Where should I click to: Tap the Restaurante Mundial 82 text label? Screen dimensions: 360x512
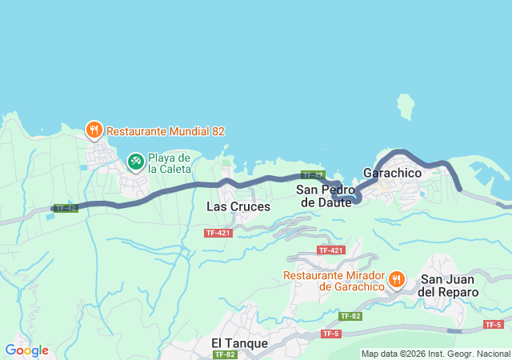165,130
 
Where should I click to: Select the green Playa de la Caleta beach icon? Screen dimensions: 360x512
135,162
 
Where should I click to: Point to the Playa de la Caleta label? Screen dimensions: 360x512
169,163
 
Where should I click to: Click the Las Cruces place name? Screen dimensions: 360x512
238,206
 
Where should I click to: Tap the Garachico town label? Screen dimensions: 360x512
392,173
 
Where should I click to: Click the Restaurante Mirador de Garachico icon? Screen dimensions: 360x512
396,280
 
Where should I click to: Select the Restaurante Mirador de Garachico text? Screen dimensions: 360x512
334,281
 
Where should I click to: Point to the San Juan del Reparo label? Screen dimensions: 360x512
450,286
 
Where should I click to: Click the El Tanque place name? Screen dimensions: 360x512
240,342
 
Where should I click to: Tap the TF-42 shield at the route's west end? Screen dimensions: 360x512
66,208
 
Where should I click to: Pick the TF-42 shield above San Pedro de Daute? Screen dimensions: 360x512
313,174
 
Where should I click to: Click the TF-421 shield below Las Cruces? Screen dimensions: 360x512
218,233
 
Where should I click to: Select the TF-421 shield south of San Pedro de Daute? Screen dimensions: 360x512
330,250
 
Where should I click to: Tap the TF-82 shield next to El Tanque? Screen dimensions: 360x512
226,354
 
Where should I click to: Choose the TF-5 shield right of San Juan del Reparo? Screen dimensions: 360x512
494,324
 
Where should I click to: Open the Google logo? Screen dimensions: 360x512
26,350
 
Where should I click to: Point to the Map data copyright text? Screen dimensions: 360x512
435,354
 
